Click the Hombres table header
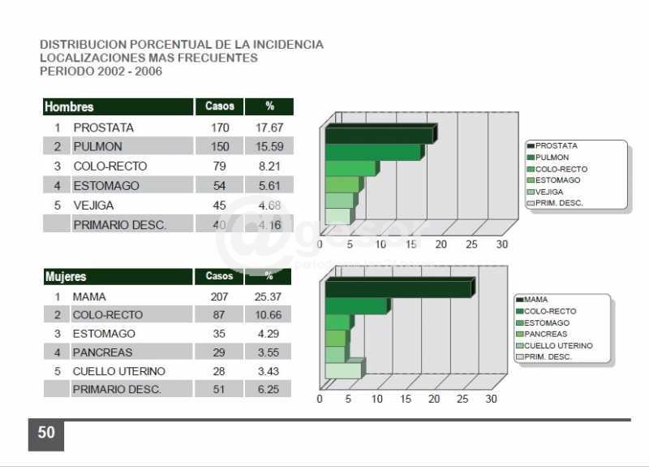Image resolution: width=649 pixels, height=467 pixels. [x=69, y=107]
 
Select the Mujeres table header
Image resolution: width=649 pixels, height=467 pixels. [x=66, y=277]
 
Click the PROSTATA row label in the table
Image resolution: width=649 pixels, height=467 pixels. [x=103, y=128]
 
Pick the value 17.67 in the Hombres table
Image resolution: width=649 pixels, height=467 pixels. [x=269, y=128]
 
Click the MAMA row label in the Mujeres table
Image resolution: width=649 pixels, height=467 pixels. [x=89, y=297]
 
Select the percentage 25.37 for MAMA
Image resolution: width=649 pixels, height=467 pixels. [x=269, y=297]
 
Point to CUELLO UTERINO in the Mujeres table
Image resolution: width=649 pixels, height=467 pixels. [x=118, y=371]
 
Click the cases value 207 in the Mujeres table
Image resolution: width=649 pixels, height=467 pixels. [x=219, y=297]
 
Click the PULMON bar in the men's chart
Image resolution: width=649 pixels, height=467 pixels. [x=372, y=153]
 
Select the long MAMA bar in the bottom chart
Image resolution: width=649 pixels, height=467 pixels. [x=398, y=289]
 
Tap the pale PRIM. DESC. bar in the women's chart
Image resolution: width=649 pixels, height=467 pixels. [x=342, y=370]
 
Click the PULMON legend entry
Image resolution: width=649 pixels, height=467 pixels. [x=552, y=158]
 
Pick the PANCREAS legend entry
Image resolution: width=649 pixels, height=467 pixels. [x=546, y=334]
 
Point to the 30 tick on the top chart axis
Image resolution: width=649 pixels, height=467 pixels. [x=502, y=244]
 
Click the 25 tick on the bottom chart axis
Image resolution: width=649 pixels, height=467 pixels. [x=462, y=399]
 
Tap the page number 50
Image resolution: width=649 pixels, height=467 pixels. [x=46, y=433]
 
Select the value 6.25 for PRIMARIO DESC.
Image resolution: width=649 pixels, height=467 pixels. [x=269, y=390]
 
